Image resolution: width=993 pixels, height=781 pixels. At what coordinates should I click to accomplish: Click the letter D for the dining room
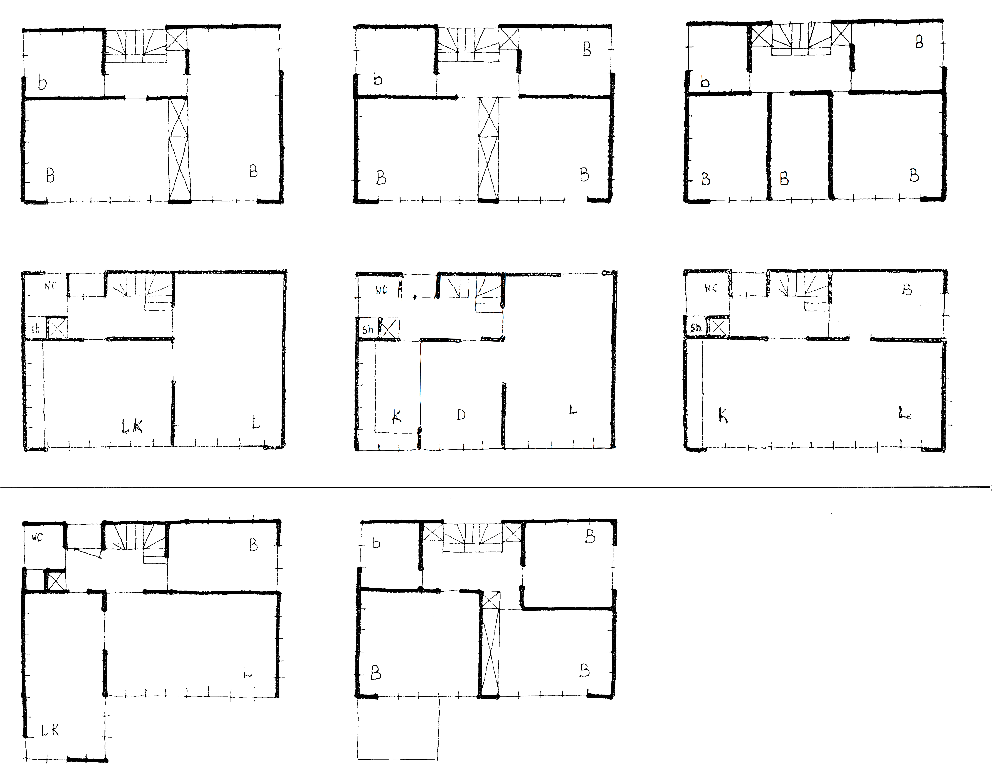pyautogui.click(x=461, y=415)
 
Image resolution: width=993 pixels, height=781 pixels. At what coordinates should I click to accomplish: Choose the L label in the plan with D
pyautogui.click(x=573, y=410)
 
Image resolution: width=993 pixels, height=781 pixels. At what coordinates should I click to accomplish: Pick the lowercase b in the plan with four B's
pyautogui.click(x=705, y=82)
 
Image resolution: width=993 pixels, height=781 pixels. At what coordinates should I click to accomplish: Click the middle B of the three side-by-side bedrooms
pyautogui.click(x=784, y=178)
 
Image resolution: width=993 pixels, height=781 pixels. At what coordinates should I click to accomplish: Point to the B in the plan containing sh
pyautogui.click(x=907, y=290)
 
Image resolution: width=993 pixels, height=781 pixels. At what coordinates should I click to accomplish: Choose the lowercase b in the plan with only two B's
pyautogui.click(x=42, y=83)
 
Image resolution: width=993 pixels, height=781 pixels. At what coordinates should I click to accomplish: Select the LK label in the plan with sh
pyautogui.click(x=132, y=426)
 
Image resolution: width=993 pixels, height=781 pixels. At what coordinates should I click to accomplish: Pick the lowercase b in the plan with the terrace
pyautogui.click(x=376, y=543)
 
